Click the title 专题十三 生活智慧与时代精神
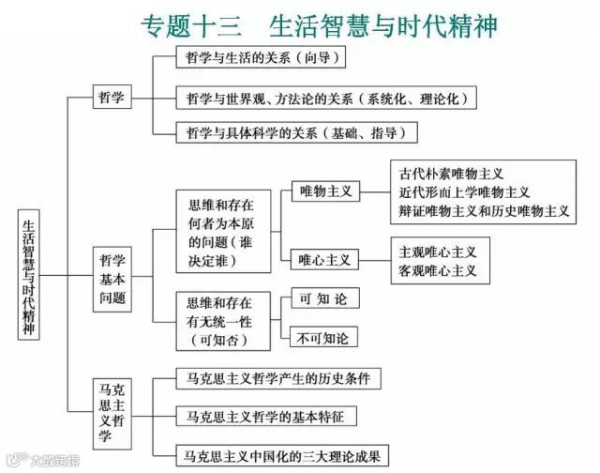(x=318, y=24)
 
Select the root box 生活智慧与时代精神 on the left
(x=28, y=275)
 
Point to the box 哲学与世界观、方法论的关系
(x=326, y=97)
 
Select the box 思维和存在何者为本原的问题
(x=220, y=231)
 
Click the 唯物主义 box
(x=325, y=191)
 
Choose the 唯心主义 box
(x=324, y=259)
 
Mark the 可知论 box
(x=323, y=299)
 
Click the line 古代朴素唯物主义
(x=452, y=175)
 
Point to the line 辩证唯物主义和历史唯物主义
(x=484, y=211)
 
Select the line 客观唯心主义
(x=438, y=270)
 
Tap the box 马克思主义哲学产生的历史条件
(x=278, y=379)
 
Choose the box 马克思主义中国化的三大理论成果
(x=283, y=457)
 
